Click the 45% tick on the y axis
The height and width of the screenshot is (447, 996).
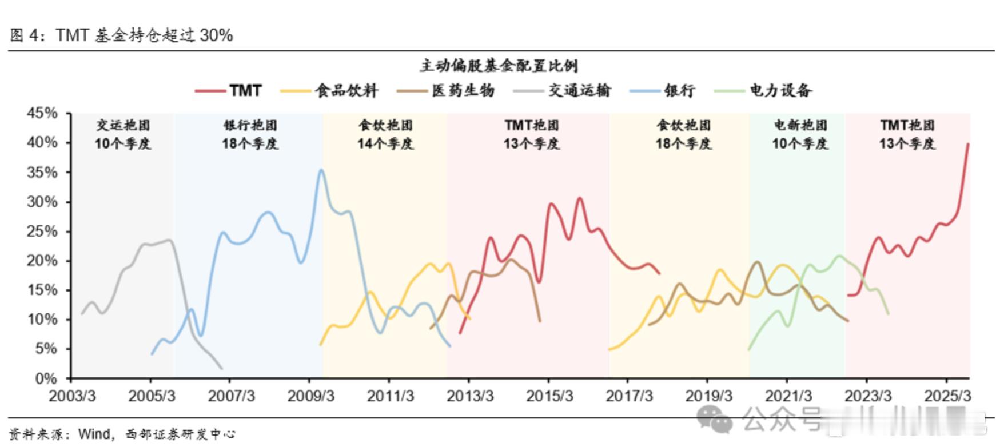(x=42, y=113)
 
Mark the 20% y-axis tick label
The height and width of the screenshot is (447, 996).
(x=42, y=261)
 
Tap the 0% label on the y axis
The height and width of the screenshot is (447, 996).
(x=46, y=378)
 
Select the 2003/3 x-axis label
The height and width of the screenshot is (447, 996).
(x=72, y=396)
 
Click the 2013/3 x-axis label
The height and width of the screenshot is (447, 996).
(x=470, y=396)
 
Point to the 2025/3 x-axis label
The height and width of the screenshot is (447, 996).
(x=947, y=396)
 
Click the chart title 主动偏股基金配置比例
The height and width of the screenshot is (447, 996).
(x=499, y=66)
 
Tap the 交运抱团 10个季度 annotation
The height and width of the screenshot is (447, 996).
(x=122, y=134)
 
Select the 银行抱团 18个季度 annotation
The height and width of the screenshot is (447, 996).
(x=250, y=134)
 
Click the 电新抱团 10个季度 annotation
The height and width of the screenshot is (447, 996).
(x=800, y=134)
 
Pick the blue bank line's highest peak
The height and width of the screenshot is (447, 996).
(x=321, y=170)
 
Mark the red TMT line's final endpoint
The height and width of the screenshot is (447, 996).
(x=968, y=144)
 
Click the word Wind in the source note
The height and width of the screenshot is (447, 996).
(x=94, y=434)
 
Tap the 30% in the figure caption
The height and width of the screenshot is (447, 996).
(x=216, y=35)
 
